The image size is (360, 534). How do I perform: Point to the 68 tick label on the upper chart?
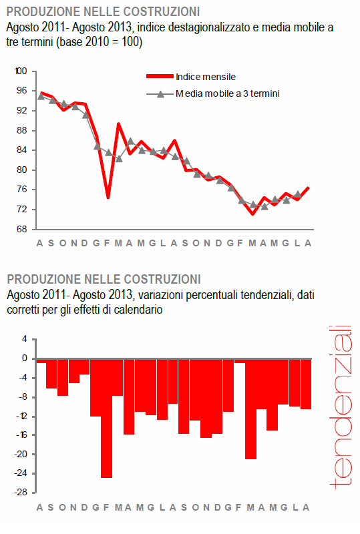coord(22,230)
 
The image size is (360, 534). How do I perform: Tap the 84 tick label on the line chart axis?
coord(22,150)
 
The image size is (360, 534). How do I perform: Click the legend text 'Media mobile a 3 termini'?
coord(227,94)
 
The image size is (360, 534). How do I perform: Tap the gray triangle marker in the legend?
coord(159,95)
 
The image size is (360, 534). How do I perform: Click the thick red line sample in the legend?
coord(159,77)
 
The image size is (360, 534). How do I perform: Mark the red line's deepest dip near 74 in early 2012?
coord(108,198)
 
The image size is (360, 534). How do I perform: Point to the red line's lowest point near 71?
coord(252,214)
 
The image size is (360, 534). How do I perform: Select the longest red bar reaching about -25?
coord(107,419)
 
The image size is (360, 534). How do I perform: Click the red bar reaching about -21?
coord(250,409)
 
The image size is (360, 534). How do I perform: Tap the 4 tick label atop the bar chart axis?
coord(24,339)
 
